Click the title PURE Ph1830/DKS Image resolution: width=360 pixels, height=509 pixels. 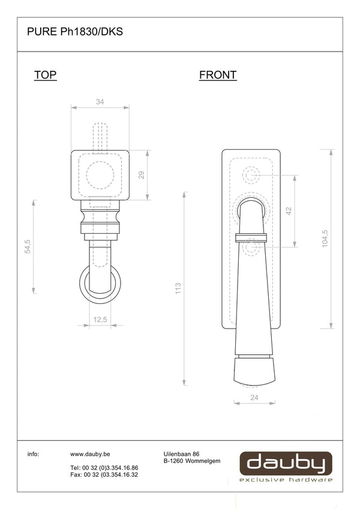pyautogui.click(x=75, y=32)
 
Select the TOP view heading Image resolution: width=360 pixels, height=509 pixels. pyautogui.click(x=45, y=75)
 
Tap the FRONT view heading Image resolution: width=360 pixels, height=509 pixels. pyautogui.click(x=218, y=75)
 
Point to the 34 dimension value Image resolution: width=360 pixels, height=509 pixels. pyautogui.click(x=100, y=102)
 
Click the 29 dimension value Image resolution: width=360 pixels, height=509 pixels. pyautogui.click(x=142, y=175)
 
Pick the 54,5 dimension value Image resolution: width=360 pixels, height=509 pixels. pyautogui.click(x=28, y=246)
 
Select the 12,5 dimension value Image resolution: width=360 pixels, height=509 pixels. pyautogui.click(x=100, y=320)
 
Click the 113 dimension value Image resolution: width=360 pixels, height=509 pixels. pyautogui.click(x=178, y=288)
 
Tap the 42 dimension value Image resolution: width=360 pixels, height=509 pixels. pyautogui.click(x=289, y=211)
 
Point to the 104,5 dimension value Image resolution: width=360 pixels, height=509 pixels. pyautogui.click(x=325, y=239)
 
